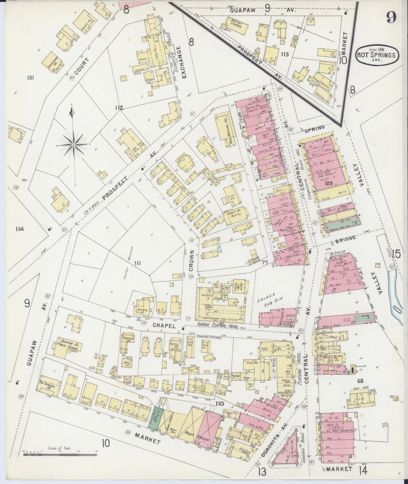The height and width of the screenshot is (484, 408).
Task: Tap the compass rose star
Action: pyautogui.click(x=73, y=145)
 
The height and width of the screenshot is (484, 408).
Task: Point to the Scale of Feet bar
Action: pyautogui.click(x=60, y=455)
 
